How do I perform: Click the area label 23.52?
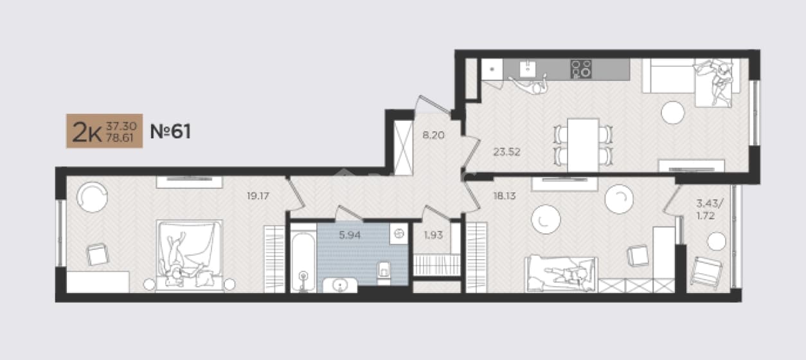pos(506,152)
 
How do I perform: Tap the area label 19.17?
pos(258,196)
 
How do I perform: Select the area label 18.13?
pos(505,196)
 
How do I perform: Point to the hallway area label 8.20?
pos(433,136)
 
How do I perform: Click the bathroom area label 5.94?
pos(350,235)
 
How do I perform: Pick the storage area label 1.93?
pos(433,235)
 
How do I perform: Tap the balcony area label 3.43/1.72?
pos(709,210)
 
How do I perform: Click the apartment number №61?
pos(170,131)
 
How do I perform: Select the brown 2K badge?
pos(104,131)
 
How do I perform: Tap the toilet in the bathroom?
pos(384,273)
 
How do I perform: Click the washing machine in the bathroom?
pos(399,234)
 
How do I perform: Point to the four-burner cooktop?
pos(581,69)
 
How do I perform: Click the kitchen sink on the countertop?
pos(528,68)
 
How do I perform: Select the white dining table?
pos(583,145)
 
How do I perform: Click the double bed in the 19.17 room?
pos(189,255)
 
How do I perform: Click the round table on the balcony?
pos(717,241)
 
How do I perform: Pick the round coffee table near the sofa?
pos(672,113)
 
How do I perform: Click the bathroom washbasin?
pos(340,285)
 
